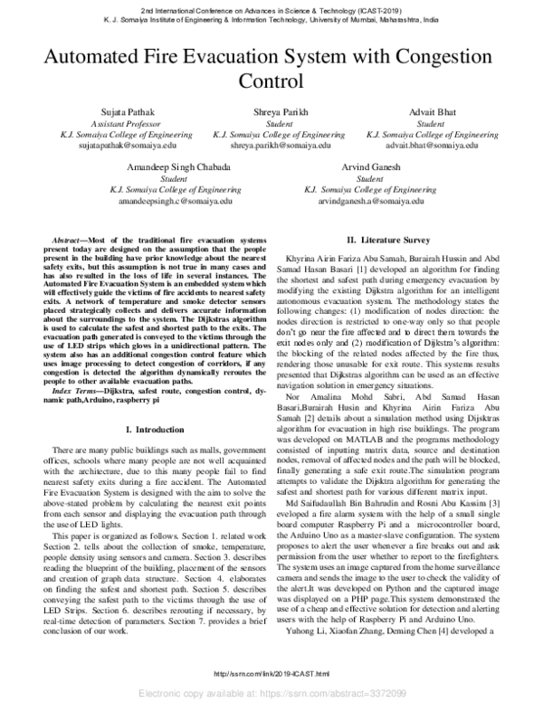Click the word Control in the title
(x=271, y=81)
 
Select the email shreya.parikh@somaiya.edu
(x=270, y=145)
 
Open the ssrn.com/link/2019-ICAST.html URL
(x=271, y=674)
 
